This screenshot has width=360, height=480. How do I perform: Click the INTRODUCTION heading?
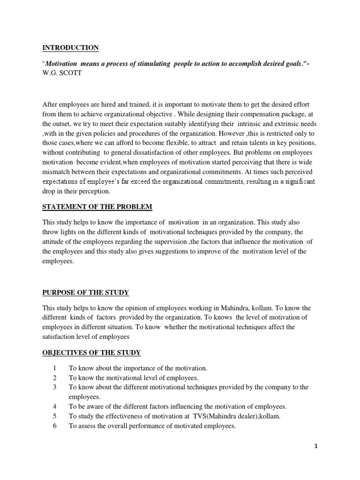pos(70,48)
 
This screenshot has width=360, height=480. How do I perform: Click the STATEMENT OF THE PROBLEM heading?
pos(97,207)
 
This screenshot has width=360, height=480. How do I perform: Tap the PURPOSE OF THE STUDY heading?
pos(85,292)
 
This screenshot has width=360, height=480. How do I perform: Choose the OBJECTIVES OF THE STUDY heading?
pos(91,352)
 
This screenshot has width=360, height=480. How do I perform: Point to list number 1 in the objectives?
pos(55,369)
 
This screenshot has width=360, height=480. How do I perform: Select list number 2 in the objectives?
pos(55,378)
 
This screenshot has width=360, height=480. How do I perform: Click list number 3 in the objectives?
pos(55,387)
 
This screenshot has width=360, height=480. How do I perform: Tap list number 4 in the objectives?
pos(55,406)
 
